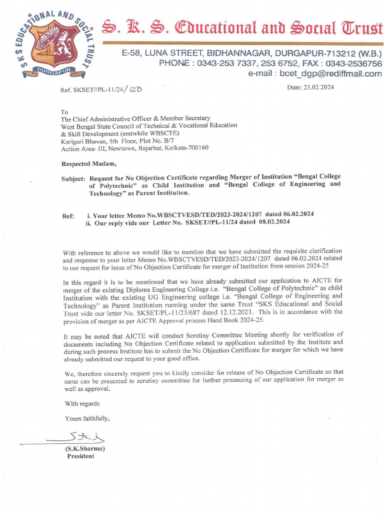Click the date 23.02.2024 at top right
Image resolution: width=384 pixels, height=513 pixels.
point(317,87)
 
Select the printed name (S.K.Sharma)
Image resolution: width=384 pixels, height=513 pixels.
point(84,449)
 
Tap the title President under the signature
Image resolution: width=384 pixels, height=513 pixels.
point(80,456)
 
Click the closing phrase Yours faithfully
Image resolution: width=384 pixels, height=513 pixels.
point(87,418)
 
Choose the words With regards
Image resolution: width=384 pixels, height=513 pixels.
point(82,404)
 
